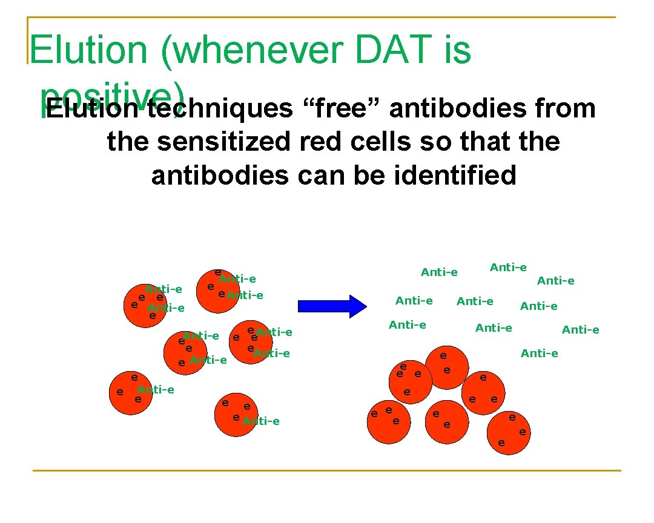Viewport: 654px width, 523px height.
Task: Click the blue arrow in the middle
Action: coord(332,304)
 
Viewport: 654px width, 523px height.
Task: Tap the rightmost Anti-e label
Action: coord(580,329)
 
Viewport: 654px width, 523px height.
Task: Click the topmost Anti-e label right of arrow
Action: coord(508,267)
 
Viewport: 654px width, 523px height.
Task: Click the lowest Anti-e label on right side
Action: coord(539,353)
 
